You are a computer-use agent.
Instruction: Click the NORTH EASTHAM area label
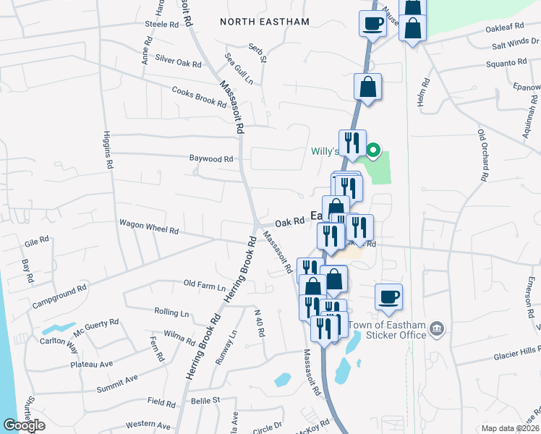pos(265,22)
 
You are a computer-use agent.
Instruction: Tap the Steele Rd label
pos(161,24)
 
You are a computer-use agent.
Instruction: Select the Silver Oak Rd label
pos(178,64)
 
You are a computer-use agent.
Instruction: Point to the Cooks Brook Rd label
pos(199,96)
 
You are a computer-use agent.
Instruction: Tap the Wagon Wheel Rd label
pos(148,230)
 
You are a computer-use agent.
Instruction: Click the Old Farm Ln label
pos(205,285)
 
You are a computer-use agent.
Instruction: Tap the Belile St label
pos(205,399)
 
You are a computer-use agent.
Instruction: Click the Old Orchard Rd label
pos(482,155)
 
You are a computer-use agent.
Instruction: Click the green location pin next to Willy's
pos(373,150)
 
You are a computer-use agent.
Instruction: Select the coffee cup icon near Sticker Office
pos(388,297)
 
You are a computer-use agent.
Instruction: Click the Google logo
pos(24,425)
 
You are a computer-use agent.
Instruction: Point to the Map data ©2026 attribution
pos(510,428)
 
